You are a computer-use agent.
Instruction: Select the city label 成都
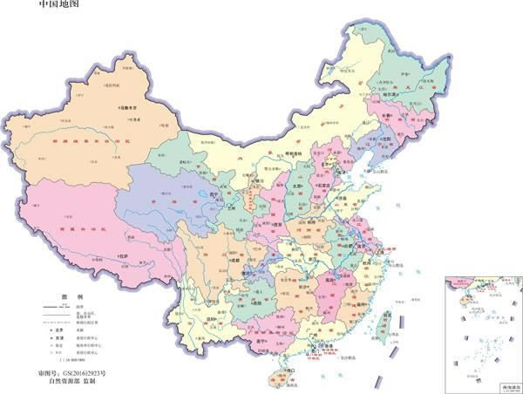coord(232,260)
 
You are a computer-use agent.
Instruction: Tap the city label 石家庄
coord(326,184)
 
